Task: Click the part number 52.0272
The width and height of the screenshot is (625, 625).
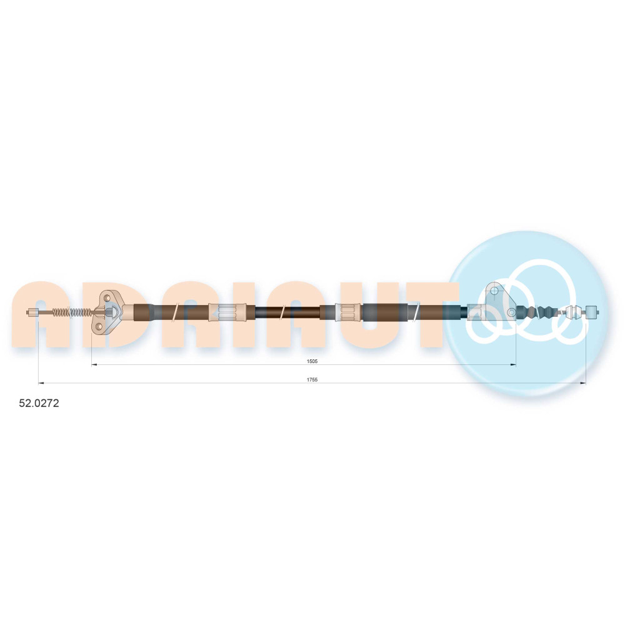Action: pos(39,403)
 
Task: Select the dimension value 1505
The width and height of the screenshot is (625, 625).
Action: pos(312,361)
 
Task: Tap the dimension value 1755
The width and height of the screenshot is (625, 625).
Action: pos(312,380)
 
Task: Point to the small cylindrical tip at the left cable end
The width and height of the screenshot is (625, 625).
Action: pos(32,312)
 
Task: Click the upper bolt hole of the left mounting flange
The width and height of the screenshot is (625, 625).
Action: pos(107,297)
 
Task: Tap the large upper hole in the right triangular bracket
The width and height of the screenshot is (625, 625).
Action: pos(494,291)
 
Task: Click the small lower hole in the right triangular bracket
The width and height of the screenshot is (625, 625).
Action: pos(511,312)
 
